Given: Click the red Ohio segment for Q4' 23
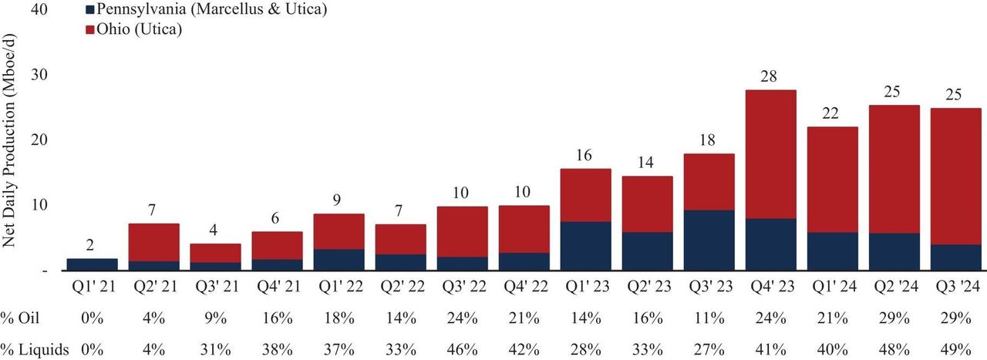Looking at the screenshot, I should (771, 154).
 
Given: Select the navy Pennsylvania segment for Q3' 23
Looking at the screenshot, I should (709, 240).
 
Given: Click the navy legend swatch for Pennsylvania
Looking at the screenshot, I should (89, 11).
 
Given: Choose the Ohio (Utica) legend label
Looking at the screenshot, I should (143, 29).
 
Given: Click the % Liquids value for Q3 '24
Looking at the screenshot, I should (956, 350).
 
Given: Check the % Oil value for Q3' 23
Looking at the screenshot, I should (709, 318).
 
